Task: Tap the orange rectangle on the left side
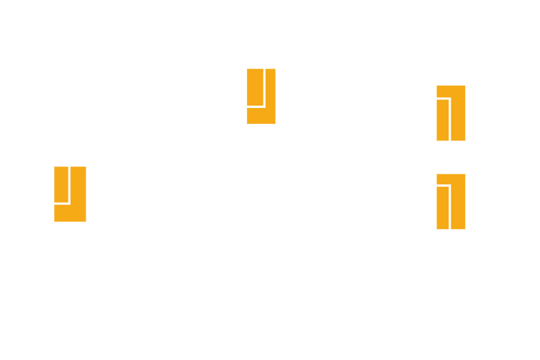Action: coord(70,194)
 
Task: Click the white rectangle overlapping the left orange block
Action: coord(58,176)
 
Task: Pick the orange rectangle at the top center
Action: coord(261,96)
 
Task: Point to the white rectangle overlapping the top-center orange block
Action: coord(253,85)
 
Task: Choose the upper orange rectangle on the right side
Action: coord(451,113)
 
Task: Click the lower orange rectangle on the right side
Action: coord(451,202)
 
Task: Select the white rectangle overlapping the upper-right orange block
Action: coord(437,126)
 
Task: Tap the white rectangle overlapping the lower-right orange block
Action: coord(437,212)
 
